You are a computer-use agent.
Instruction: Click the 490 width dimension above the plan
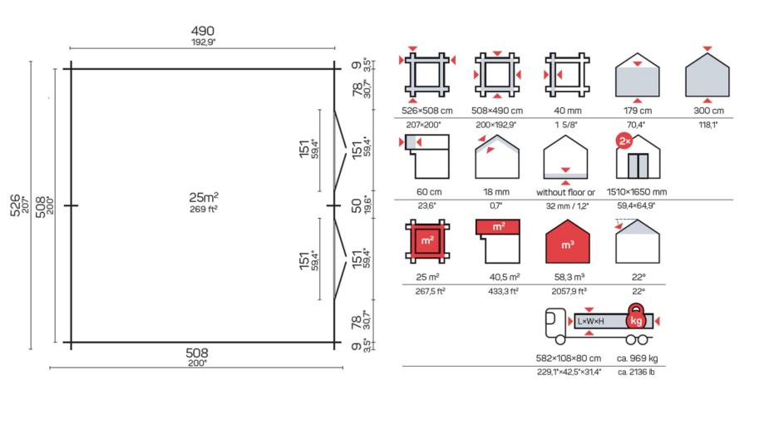[x=203, y=32]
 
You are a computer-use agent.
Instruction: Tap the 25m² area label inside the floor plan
[x=204, y=197]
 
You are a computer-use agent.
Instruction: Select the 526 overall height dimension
[x=15, y=205]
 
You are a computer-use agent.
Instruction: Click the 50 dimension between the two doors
[x=357, y=205]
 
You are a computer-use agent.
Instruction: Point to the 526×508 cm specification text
[x=426, y=111]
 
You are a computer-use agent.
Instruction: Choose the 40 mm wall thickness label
[x=568, y=111]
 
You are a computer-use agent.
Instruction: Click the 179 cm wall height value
[x=638, y=111]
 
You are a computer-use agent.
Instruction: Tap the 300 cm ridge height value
[x=708, y=111]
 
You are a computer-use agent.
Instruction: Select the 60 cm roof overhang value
[x=429, y=192]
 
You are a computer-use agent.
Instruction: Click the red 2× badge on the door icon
[x=624, y=141]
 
